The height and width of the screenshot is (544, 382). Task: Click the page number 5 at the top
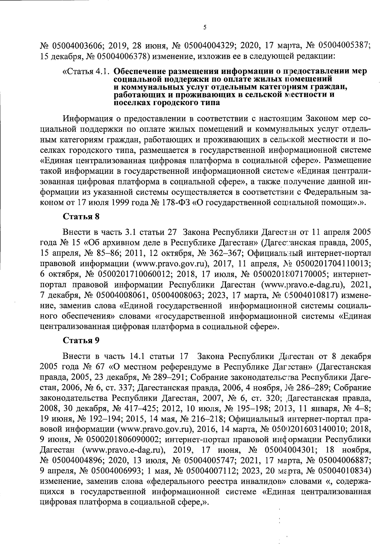[205, 27]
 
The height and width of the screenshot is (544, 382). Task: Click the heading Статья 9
[81, 340]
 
